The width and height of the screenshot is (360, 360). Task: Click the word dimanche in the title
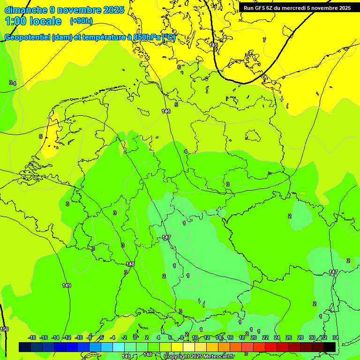pos(26,10)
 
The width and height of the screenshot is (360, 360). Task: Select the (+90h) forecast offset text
pos(81,21)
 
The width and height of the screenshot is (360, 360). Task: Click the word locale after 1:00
pos(45,21)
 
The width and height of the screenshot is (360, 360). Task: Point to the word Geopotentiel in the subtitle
pos(28,37)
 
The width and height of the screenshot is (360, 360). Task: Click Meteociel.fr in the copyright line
pos(217,357)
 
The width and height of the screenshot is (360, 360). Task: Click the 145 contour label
pos(214,45)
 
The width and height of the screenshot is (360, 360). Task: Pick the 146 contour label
pos(166,111)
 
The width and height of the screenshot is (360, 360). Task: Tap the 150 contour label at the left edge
pos(4,330)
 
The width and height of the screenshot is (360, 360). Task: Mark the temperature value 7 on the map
pos(264,40)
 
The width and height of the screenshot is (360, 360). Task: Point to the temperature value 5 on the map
pos(176,105)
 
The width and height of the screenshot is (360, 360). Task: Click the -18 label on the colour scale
pos(32,338)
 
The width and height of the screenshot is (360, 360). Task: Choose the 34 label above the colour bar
pos(336,338)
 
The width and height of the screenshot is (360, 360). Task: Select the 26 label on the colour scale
pos(289,338)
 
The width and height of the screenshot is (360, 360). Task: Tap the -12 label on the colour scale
pos(67,338)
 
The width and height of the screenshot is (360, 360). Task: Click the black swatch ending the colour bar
pos(330,347)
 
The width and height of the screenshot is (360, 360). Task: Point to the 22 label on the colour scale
pos(265,338)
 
